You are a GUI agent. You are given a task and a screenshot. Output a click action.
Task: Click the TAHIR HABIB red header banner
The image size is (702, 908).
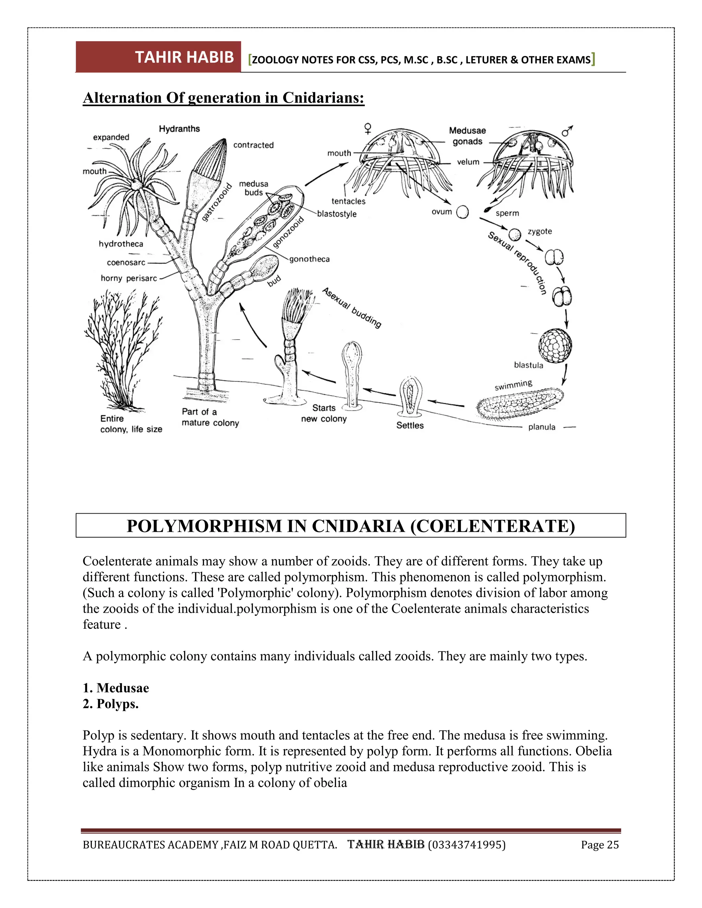(158, 57)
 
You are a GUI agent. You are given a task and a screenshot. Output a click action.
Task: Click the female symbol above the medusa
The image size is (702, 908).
(368, 128)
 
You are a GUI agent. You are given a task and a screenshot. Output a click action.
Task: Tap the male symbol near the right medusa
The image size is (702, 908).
(567, 131)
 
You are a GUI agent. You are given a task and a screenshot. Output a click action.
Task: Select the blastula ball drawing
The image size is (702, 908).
(555, 345)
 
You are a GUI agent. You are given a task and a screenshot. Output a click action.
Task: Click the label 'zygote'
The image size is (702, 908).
(540, 231)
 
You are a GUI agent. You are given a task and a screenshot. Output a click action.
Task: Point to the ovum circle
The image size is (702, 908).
(462, 212)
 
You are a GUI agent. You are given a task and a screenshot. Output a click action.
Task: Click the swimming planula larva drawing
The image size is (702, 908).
(520, 403)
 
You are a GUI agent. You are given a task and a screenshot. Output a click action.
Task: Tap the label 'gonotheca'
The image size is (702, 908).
(310, 259)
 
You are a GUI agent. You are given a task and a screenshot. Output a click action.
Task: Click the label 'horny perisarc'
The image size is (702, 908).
(129, 278)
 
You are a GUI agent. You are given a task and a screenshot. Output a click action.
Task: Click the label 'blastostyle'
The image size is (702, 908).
(337, 214)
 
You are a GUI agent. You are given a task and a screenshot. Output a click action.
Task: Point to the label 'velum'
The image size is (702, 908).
(468, 162)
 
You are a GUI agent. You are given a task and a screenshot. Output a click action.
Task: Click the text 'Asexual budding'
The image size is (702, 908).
(352, 308)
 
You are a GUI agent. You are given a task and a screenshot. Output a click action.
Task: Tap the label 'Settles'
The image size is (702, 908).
(410, 425)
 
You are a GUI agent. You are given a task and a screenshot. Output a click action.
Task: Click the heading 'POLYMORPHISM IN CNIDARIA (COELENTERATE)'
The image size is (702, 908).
(351, 526)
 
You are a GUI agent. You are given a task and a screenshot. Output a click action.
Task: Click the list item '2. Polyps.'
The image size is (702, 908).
(111, 704)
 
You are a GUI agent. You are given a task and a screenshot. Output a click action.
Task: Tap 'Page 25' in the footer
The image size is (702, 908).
(600, 845)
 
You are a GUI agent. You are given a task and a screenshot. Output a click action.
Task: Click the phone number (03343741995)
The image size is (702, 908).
(466, 845)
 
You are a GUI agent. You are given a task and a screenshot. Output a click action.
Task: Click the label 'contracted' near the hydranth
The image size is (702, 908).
(253, 145)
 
